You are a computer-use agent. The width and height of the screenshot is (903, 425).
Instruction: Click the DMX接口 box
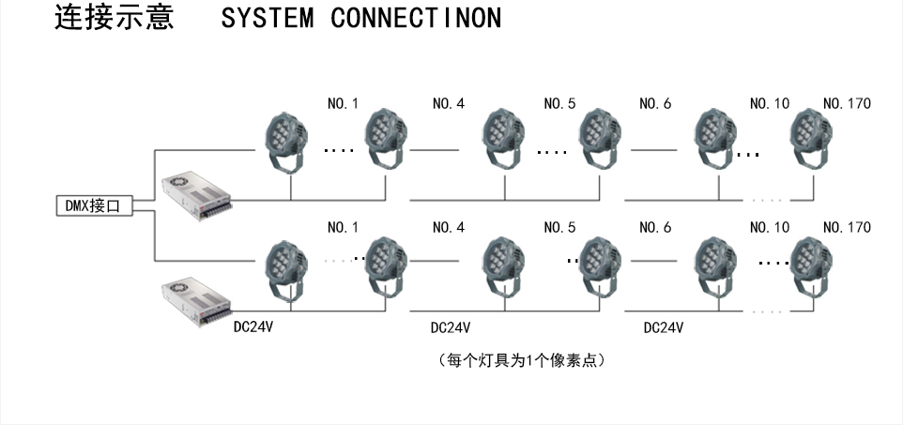(92, 206)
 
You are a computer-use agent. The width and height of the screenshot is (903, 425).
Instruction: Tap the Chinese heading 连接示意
(114, 19)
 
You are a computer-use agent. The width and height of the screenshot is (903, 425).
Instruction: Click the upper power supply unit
(196, 194)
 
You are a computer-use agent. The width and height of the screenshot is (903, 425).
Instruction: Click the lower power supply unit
(196, 300)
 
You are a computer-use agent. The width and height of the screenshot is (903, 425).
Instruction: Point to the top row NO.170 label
(846, 103)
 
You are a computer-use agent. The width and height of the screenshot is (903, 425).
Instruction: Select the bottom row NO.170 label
(846, 227)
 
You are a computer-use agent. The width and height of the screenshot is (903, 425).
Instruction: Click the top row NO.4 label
(448, 103)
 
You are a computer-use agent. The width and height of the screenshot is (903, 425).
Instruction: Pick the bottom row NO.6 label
(655, 227)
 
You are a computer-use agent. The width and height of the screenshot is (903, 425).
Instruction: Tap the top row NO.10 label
(770, 103)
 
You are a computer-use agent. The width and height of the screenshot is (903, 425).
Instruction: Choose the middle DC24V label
(450, 328)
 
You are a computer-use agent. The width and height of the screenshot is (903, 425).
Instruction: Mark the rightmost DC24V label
(663, 328)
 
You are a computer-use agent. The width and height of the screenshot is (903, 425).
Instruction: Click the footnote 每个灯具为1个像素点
(521, 359)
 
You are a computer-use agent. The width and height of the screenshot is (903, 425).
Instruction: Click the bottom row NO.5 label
(559, 227)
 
